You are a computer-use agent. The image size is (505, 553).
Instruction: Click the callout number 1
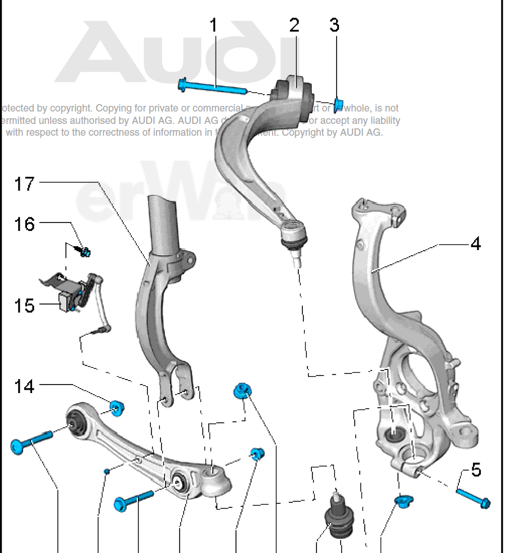213,25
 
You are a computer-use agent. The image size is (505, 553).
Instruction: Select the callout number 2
294,25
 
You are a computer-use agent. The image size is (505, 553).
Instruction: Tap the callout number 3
334,25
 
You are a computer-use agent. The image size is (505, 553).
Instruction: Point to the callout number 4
476,244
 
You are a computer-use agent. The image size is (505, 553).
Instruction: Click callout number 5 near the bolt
476,470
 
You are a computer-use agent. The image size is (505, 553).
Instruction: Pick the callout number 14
24,386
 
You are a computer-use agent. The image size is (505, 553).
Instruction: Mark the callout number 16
24,224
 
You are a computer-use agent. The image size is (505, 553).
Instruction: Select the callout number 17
24,184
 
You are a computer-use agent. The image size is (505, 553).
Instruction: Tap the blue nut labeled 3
339,104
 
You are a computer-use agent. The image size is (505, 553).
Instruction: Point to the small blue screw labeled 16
86,252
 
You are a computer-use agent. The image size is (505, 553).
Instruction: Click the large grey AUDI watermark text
186,53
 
